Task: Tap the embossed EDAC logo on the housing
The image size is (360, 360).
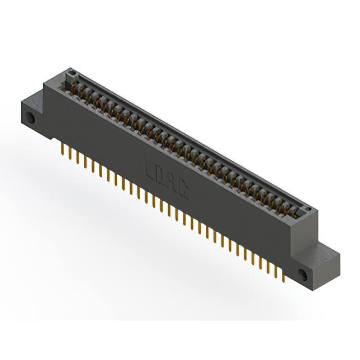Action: (x=166, y=178)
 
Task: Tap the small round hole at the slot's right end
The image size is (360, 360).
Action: (x=307, y=209)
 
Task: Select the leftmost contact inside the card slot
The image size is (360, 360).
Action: (x=75, y=85)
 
